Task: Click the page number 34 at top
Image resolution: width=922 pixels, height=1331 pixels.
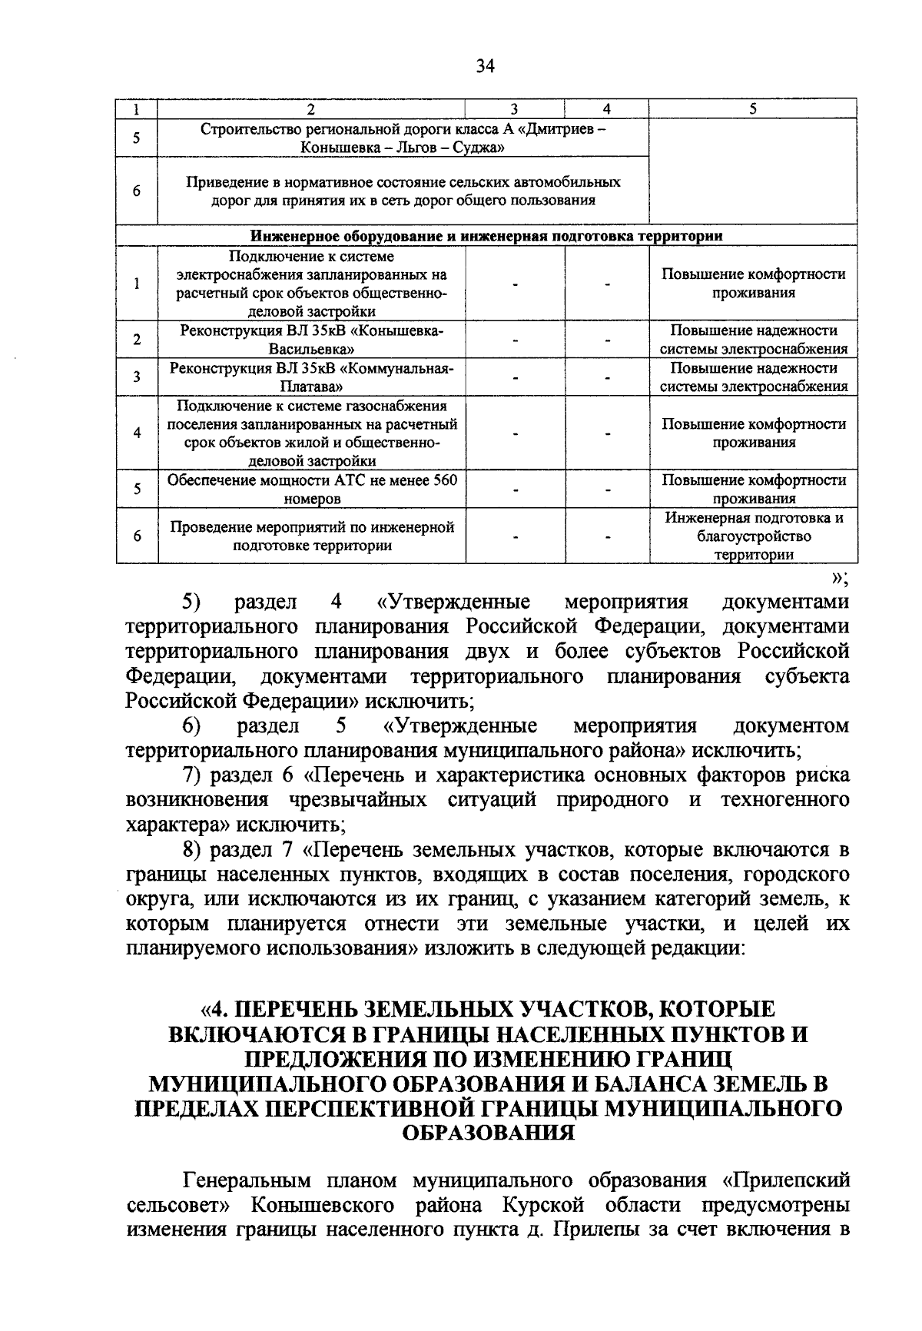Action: coord(485,65)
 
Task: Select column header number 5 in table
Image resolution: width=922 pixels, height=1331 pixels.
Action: coord(752,109)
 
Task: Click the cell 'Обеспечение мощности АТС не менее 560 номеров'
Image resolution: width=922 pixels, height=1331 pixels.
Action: coord(312,489)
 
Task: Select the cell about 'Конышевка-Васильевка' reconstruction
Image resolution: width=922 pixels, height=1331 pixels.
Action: coord(312,339)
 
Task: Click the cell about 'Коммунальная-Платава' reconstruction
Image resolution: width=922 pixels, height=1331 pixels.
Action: coord(312,377)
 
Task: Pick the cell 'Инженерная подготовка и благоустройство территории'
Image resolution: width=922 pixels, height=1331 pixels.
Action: coord(753,536)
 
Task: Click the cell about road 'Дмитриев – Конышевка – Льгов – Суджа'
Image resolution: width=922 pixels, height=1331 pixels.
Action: coord(403,138)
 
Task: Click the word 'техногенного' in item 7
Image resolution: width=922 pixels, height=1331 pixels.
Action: coord(784,800)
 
